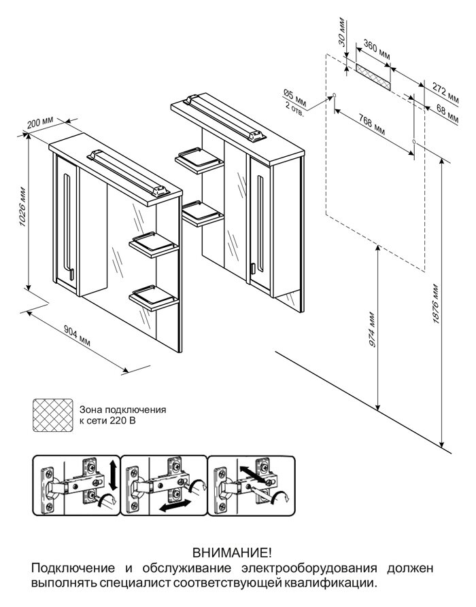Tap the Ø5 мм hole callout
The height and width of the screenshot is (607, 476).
[x=294, y=101]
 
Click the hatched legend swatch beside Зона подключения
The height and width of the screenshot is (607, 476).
[x=53, y=415]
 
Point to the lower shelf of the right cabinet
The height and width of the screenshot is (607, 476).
[x=201, y=213]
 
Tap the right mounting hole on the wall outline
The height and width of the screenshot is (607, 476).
[x=414, y=141]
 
